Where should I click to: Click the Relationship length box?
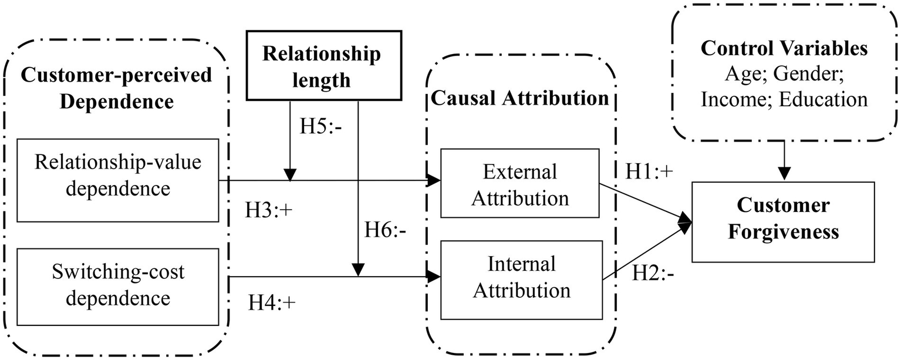pyautogui.click(x=321, y=65)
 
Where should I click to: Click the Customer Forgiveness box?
pyautogui.click(x=782, y=221)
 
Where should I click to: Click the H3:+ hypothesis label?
pyautogui.click(x=268, y=210)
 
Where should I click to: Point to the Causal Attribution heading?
pyautogui.click(x=520, y=99)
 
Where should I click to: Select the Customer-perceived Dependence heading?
pyautogui.click(x=117, y=88)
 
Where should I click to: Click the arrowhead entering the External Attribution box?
pyautogui.click(x=434, y=180)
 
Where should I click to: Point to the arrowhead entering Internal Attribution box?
pyautogui.click(x=434, y=276)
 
